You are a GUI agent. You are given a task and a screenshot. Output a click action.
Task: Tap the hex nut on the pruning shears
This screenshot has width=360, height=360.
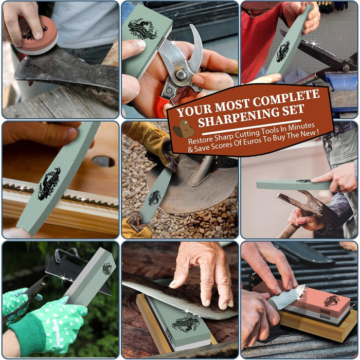[181, 75]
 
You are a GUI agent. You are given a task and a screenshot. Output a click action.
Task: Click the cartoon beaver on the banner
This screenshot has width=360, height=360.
[184, 129]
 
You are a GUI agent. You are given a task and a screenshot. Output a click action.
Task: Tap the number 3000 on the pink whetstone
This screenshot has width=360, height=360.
[325, 312]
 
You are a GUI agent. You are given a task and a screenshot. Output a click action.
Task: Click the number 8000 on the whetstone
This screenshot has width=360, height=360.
[325, 317]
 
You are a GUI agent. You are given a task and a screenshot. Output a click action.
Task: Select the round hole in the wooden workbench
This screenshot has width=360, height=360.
[103, 161]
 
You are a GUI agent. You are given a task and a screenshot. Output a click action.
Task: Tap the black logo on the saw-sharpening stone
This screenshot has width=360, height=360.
[49, 184]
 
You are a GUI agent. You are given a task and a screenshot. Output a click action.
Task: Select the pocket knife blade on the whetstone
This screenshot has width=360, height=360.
[291, 296]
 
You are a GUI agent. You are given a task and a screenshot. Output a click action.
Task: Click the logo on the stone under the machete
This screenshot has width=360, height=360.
[186, 324]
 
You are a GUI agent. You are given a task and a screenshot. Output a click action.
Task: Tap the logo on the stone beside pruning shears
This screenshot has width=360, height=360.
[142, 29]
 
